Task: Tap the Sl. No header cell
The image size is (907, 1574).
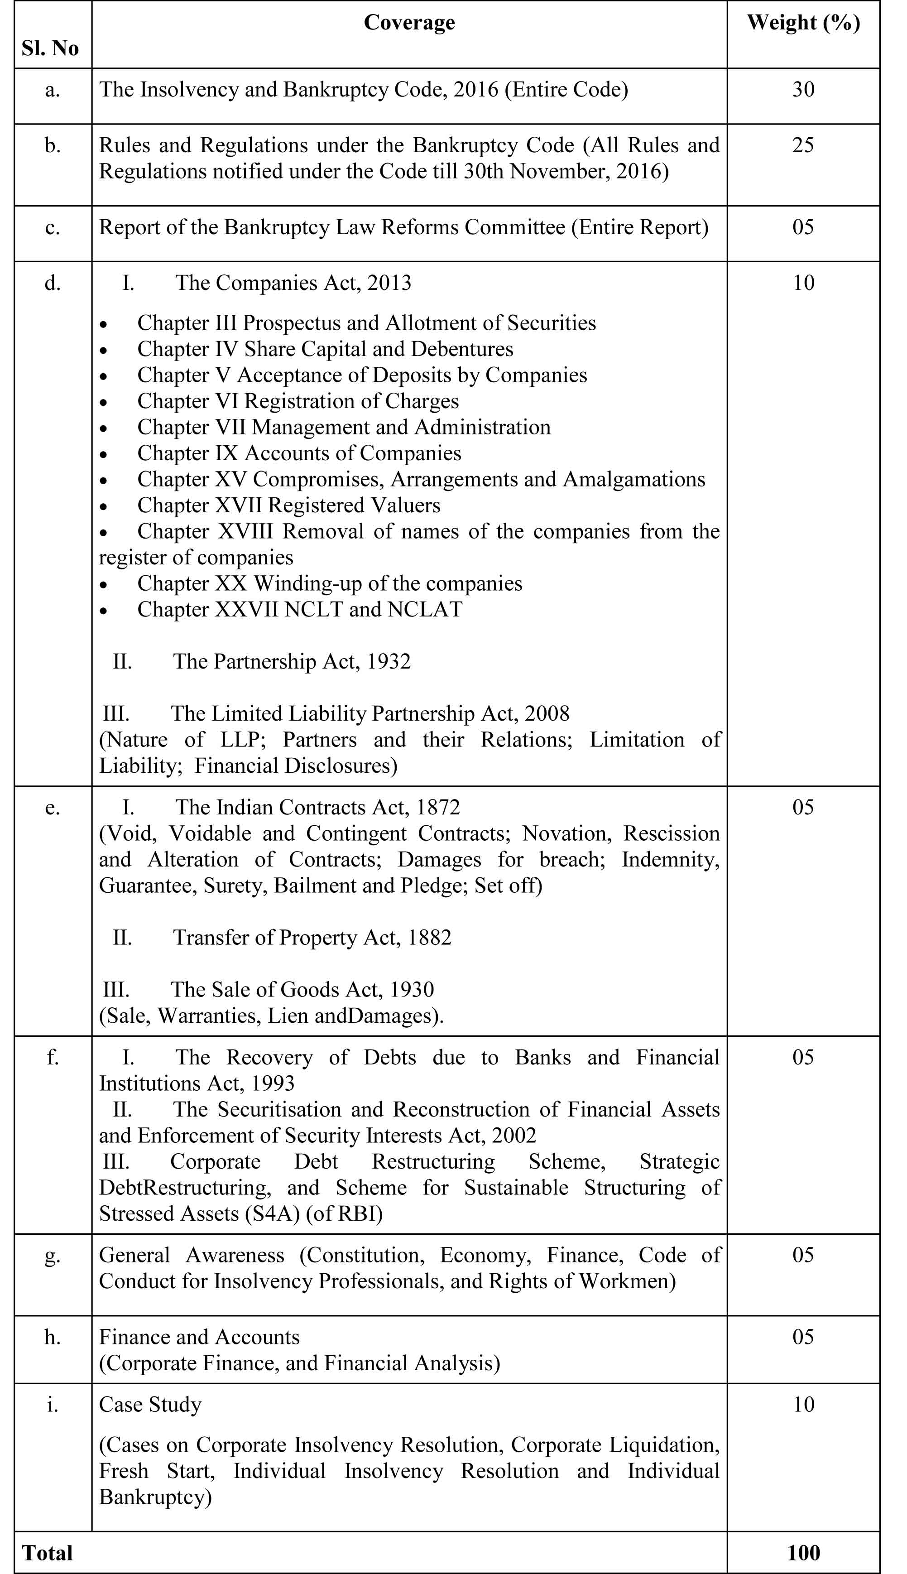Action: [x=50, y=48]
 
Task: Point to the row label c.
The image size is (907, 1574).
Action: [x=53, y=227]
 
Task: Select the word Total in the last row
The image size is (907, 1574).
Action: [x=48, y=1552]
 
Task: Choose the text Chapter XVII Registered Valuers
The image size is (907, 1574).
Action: [x=288, y=505]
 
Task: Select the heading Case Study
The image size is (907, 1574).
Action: [x=150, y=1405]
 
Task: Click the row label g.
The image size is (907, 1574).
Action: [x=53, y=1255]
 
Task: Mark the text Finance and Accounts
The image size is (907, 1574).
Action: [x=199, y=1337]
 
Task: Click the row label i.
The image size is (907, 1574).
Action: [x=53, y=1405]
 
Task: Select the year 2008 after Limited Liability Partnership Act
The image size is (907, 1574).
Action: [x=546, y=713]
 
